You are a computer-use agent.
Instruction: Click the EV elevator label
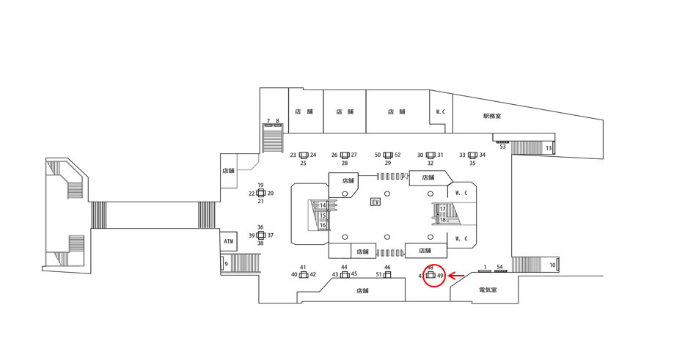point(376,202)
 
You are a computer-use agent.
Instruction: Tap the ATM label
point(229,241)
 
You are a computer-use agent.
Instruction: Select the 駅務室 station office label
point(492,116)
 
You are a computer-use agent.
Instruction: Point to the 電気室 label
point(488,290)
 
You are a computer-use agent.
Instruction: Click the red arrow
point(456,276)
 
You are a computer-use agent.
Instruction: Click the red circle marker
point(433,276)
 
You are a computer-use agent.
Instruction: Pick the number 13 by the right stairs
point(549,149)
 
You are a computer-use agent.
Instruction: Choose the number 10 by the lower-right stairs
point(552,265)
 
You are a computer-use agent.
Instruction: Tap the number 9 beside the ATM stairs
point(227,264)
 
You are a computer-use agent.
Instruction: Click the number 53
point(503,147)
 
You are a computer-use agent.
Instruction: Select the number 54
point(500,268)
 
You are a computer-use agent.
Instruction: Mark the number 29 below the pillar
point(388,164)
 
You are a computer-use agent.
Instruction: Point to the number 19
point(260,185)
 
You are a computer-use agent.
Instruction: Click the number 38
point(260,243)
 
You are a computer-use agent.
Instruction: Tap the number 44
point(344,268)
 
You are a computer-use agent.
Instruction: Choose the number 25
point(304,164)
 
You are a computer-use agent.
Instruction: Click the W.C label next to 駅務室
point(441,112)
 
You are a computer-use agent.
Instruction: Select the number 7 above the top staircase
point(268,122)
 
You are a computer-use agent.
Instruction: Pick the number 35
point(472,164)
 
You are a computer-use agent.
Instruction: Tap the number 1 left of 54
point(485,268)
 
